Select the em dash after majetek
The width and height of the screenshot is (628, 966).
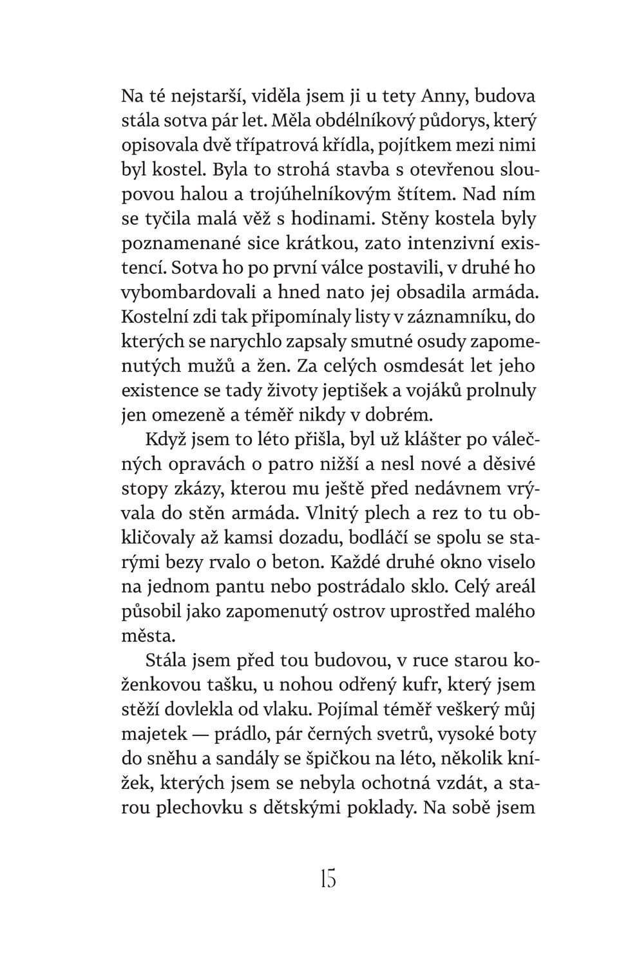click(202, 734)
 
